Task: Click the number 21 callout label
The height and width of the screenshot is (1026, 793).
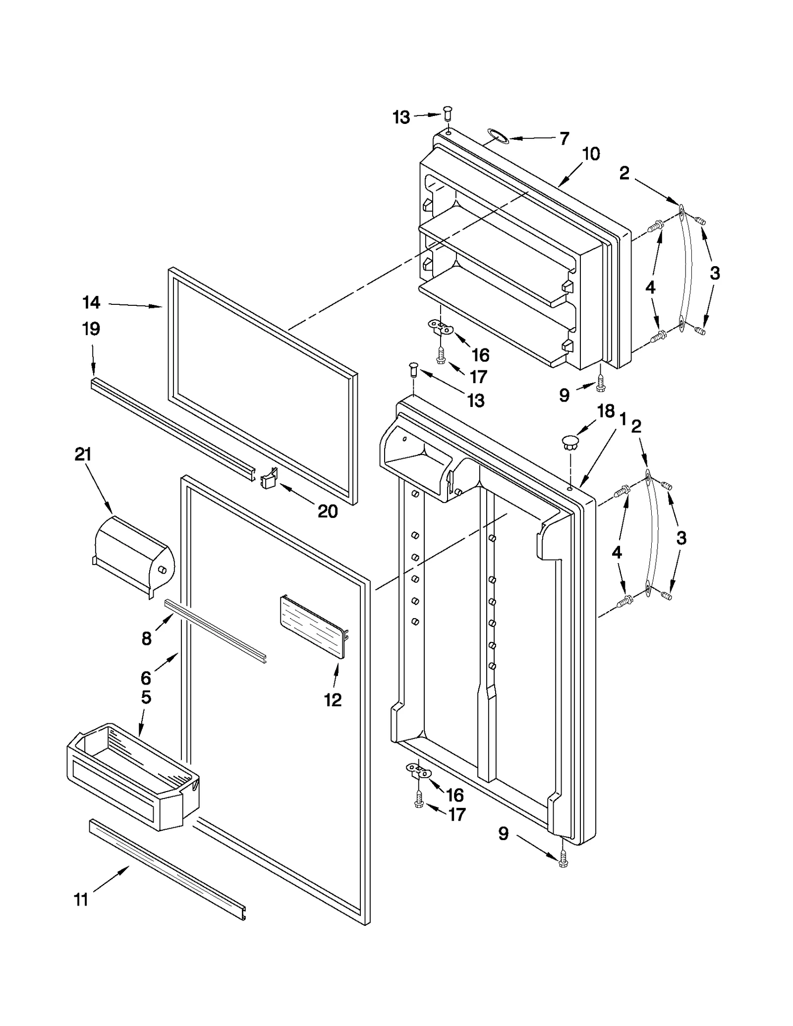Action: tap(83, 455)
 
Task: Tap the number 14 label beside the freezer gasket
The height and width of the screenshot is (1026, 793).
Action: tap(91, 302)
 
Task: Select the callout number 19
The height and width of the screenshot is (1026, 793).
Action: tap(91, 329)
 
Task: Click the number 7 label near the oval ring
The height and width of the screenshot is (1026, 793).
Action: tap(564, 139)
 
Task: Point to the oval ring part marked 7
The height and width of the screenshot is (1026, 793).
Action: tap(497, 135)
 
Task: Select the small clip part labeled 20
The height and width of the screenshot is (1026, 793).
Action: tap(269, 479)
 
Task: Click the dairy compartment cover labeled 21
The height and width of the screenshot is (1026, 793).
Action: tap(133, 555)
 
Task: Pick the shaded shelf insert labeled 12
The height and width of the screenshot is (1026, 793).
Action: tap(311, 627)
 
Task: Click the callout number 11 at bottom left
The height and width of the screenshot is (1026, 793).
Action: tap(81, 900)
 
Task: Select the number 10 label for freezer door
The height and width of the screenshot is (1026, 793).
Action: tap(591, 154)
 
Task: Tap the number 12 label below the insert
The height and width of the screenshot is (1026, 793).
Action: tap(333, 700)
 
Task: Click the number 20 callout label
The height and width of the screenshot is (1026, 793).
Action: tap(328, 511)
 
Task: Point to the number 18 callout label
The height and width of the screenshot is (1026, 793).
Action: tap(606, 411)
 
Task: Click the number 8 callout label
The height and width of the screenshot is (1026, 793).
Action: tap(146, 639)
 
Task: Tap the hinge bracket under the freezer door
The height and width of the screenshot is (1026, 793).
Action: tap(440, 327)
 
